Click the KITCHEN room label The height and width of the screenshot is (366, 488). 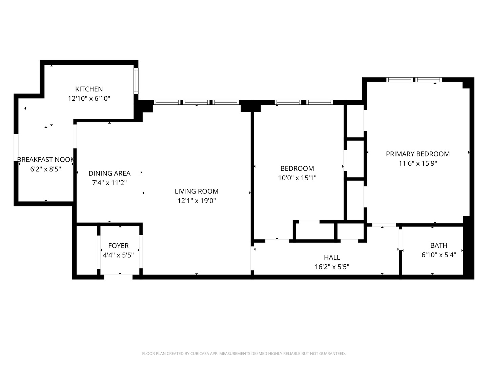[89, 89]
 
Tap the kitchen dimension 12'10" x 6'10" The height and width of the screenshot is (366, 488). [89, 99]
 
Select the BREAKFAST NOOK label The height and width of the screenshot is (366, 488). [45, 160]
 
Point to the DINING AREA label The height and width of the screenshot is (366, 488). [109, 174]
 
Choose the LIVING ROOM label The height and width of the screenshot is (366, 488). [197, 191]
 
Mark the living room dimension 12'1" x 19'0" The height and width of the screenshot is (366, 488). [197, 201]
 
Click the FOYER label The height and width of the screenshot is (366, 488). [118, 246]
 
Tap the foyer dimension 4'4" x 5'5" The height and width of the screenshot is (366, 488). [118, 255]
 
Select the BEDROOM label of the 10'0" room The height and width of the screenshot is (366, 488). [297, 168]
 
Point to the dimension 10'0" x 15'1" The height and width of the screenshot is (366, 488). [297, 178]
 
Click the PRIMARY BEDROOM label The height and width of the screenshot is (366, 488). [418, 154]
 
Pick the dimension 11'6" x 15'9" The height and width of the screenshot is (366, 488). [418, 163]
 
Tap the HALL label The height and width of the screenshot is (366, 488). [332, 258]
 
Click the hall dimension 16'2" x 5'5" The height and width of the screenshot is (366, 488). [332, 267]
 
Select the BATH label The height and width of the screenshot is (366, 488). [439, 245]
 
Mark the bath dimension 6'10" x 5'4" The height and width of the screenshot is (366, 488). [439, 255]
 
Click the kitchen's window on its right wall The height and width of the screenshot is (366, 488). [136, 81]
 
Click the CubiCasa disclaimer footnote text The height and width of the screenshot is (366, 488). [244, 353]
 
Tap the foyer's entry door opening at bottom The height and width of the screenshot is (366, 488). [118, 277]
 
